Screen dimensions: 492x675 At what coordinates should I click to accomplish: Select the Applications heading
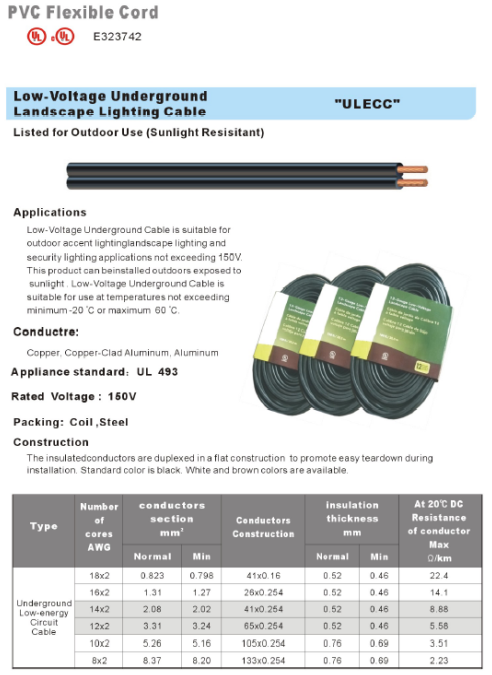pos(50,212)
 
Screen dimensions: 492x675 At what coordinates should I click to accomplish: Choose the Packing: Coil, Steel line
pos(78,421)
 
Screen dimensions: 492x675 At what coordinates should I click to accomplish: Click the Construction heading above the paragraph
pos(51,442)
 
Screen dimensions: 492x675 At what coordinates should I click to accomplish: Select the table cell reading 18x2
pos(99,576)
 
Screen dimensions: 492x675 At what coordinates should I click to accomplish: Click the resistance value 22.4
pos(438,576)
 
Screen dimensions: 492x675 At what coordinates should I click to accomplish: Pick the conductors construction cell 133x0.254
pos(264,661)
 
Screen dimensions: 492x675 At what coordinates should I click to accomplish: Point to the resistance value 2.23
pos(438,661)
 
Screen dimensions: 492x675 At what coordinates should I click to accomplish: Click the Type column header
pos(44,527)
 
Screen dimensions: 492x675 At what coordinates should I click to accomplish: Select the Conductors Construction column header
pos(264,527)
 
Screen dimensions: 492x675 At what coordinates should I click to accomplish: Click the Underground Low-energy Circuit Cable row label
pos(44,618)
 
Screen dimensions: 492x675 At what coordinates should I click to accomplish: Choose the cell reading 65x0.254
pos(264,627)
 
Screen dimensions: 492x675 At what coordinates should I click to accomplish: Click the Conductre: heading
pos(46,332)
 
